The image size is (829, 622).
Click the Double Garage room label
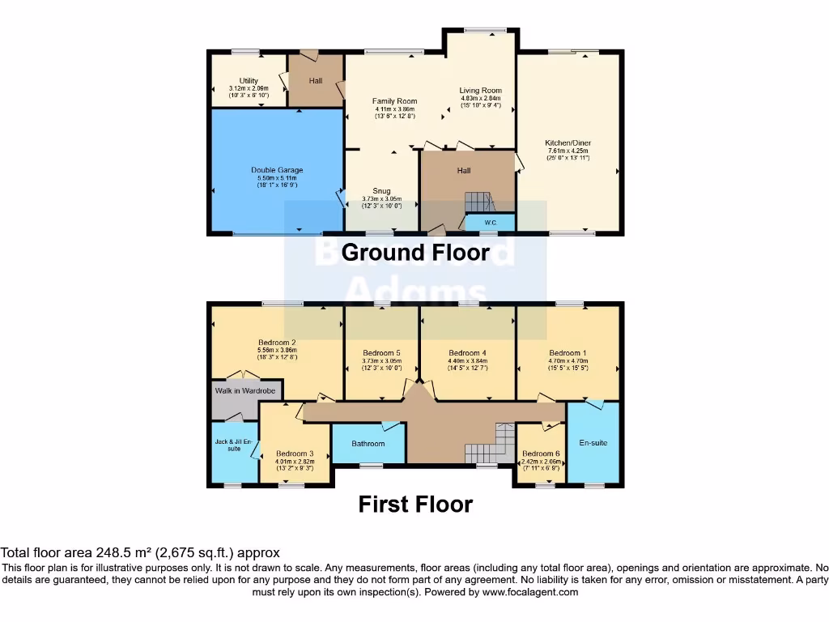tap(277, 170)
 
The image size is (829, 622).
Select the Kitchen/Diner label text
tap(568, 143)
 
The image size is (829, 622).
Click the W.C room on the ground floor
tap(490, 222)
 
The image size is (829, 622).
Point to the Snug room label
tap(380, 191)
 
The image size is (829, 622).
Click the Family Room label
tap(394, 101)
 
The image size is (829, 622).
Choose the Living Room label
tap(480, 91)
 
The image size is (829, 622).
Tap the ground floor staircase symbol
tap(478, 202)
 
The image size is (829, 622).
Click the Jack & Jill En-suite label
tap(234, 444)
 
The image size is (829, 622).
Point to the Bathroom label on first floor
tap(368, 444)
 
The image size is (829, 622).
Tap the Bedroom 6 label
tap(540, 454)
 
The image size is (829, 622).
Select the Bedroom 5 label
tap(380, 353)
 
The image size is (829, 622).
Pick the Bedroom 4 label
tap(467, 353)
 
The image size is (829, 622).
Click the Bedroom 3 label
tap(294, 454)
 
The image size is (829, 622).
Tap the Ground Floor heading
tap(415, 253)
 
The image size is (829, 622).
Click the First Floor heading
tap(415, 505)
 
